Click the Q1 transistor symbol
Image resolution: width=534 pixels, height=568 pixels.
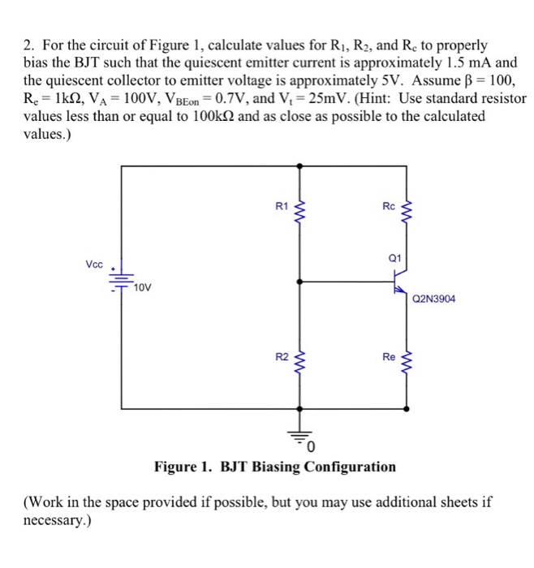pyautogui.click(x=399, y=283)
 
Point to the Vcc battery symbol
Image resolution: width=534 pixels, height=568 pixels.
pyautogui.click(x=121, y=280)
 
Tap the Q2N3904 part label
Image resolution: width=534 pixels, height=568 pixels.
pyautogui.click(x=434, y=299)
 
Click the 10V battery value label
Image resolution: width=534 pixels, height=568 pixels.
pyautogui.click(x=142, y=288)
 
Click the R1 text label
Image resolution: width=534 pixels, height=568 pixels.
pyautogui.click(x=281, y=207)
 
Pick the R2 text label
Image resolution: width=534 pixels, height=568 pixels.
pyautogui.click(x=281, y=357)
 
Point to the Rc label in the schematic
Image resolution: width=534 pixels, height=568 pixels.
pyautogui.click(x=389, y=207)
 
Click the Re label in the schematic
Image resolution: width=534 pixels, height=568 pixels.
pyautogui.click(x=389, y=357)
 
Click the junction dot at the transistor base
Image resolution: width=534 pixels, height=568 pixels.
pyautogui.click(x=302, y=282)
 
